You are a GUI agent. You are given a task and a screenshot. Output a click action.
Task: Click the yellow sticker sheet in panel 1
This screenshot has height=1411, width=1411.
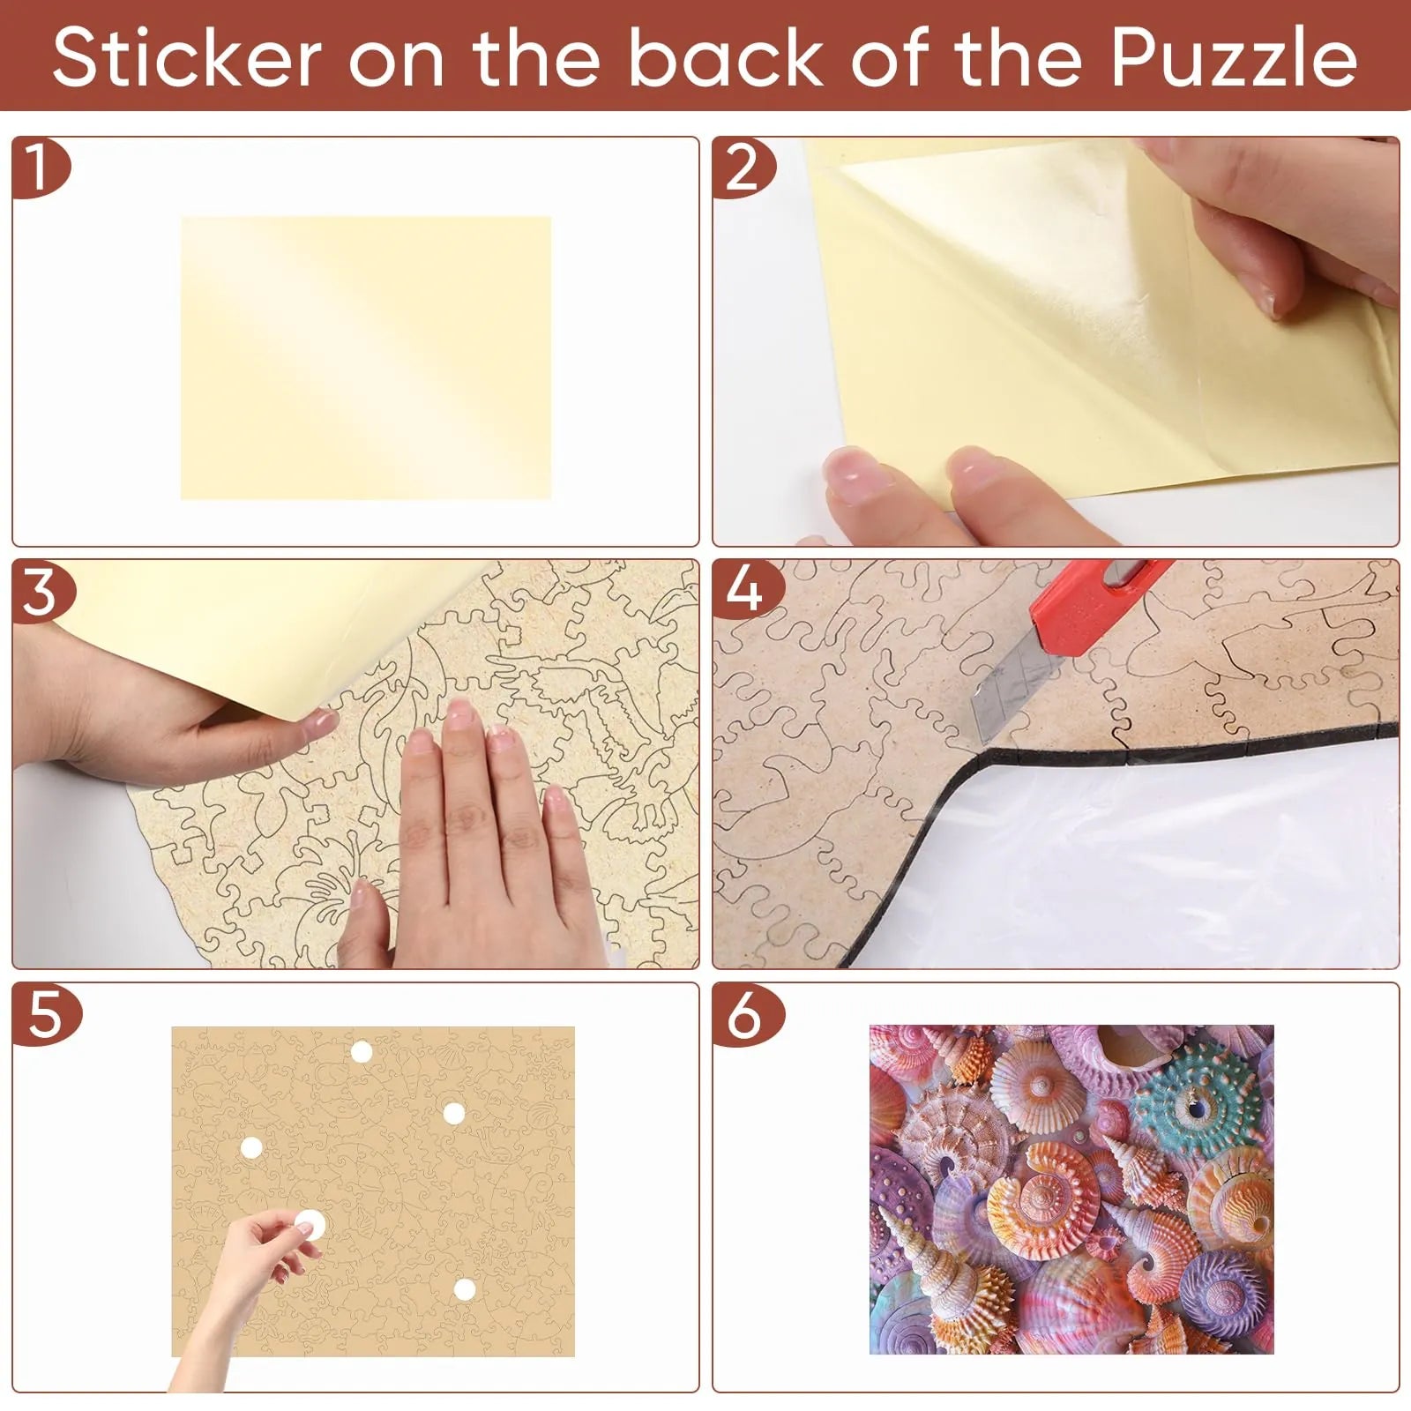click(366, 358)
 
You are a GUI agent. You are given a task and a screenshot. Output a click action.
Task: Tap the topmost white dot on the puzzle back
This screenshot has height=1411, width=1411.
click(362, 1052)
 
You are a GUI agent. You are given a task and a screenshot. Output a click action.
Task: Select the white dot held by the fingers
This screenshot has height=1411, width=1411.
click(310, 1223)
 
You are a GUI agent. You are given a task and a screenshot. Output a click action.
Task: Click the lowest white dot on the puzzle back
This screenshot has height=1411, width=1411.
click(465, 1290)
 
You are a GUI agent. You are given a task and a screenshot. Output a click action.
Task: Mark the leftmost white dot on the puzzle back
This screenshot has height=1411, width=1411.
click(251, 1148)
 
